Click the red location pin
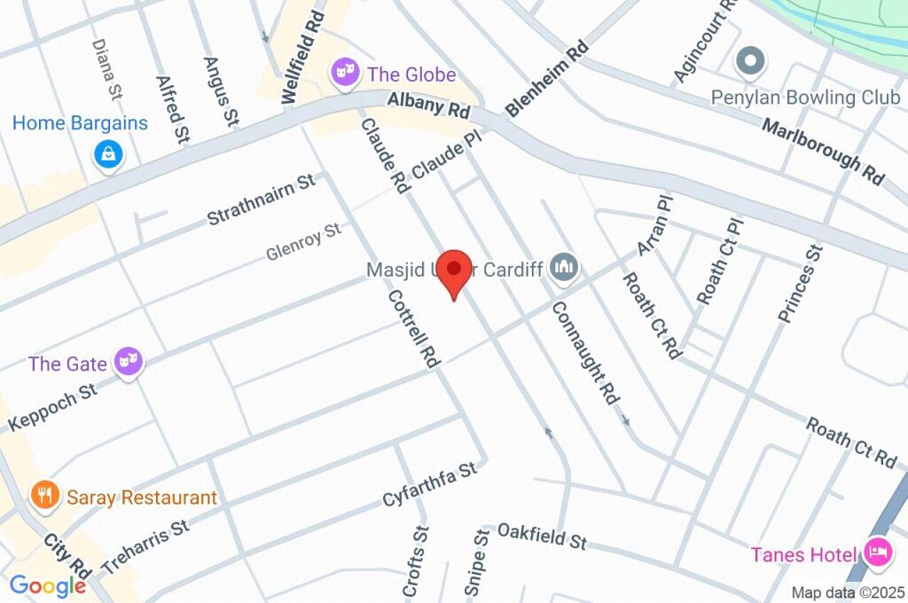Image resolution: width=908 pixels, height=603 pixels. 455,270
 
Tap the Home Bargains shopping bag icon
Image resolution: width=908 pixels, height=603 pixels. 108,154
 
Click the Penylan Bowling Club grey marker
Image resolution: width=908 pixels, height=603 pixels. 750,61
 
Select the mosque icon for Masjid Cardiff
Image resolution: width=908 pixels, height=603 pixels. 564,266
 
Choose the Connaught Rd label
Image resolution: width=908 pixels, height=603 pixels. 585,353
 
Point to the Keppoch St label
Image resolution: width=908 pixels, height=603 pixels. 52,407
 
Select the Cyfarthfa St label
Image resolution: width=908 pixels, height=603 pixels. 430,484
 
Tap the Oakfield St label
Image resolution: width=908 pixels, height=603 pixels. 542,536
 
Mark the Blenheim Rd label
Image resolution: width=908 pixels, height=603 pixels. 547,79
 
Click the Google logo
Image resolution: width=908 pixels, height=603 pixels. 47,586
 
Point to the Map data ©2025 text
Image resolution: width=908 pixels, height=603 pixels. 848,592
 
